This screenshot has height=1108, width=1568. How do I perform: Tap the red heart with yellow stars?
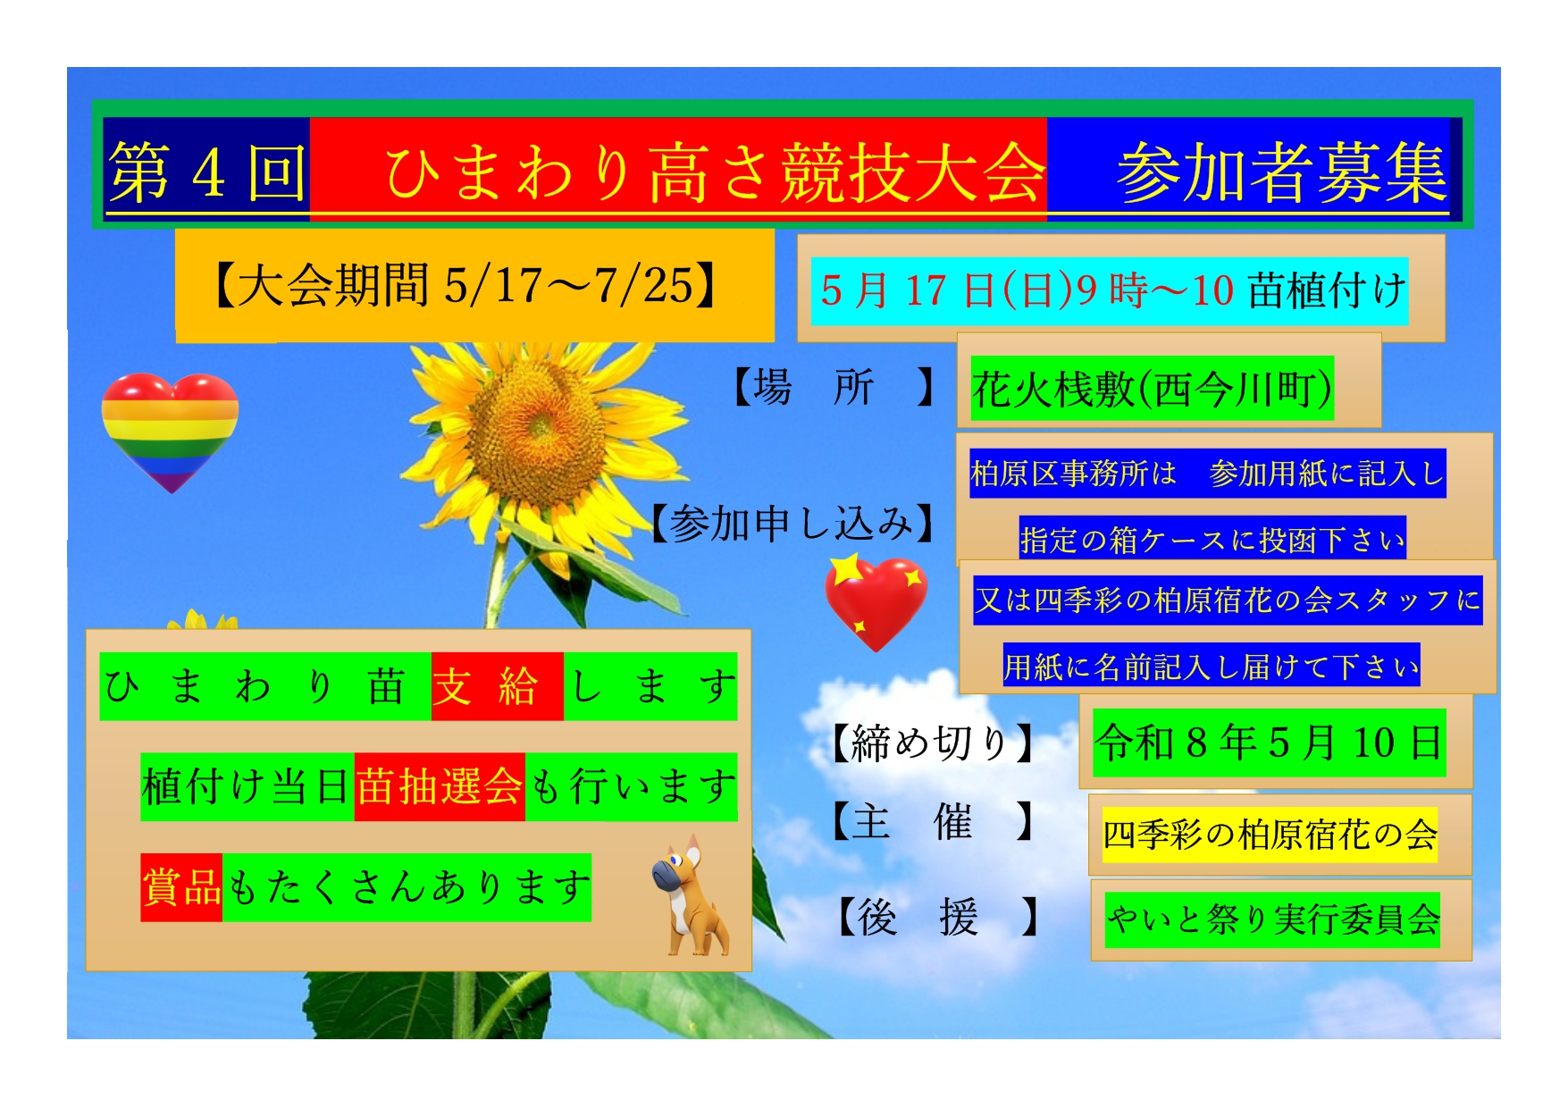tap(876, 601)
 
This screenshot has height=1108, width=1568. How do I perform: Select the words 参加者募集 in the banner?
tap(1282, 172)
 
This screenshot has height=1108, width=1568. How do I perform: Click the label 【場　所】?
tap(834, 388)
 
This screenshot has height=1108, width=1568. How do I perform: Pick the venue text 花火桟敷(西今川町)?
tap(1153, 389)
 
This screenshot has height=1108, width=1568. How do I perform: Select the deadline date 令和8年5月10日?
tap(1270, 743)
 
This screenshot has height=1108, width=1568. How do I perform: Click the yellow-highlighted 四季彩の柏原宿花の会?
tap(1270, 835)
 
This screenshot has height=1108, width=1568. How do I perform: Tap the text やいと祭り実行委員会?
tap(1272, 919)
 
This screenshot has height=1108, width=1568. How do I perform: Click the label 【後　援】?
tap(938, 917)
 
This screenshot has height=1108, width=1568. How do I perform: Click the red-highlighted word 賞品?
tap(181, 887)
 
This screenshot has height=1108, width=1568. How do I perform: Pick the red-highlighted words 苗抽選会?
tap(440, 787)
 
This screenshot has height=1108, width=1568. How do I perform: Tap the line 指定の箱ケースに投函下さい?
tap(1212, 540)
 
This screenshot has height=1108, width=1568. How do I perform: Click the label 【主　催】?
tap(935, 821)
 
